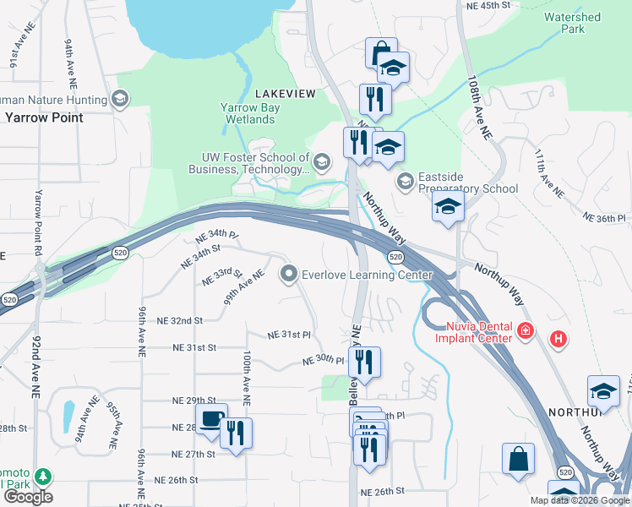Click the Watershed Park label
[x=572, y=23]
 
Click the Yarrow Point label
[x=44, y=117]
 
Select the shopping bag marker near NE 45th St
[x=380, y=52]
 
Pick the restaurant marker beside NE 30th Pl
[x=364, y=363]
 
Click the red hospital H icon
[x=558, y=340]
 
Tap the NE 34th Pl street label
[x=217, y=234]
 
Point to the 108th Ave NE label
[x=479, y=107]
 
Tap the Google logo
[x=28, y=496]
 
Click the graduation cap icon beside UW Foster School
[x=321, y=161]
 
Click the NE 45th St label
[x=489, y=5]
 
